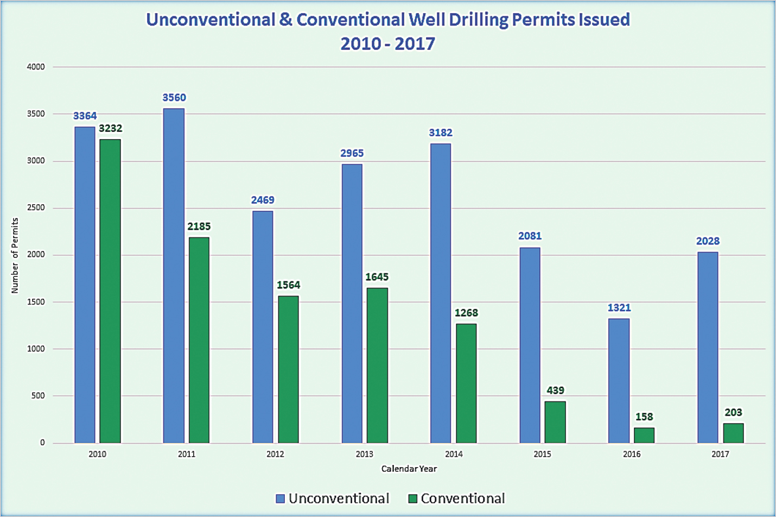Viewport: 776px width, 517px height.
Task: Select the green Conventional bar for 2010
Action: (x=110, y=291)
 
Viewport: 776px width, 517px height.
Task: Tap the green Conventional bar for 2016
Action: (x=644, y=435)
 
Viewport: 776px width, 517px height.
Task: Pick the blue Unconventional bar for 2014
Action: (x=440, y=293)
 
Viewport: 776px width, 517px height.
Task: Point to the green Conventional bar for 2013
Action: (x=377, y=365)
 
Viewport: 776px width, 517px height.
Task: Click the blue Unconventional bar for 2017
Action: (x=708, y=347)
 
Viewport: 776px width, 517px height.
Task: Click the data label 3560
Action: (x=174, y=98)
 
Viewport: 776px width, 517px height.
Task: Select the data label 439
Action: (x=555, y=390)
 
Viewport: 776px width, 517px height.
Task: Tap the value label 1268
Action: (x=466, y=313)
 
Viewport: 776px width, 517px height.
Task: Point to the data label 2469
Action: (x=263, y=200)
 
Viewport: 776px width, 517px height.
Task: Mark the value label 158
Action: (x=644, y=417)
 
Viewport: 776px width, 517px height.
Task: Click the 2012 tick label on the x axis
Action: (x=275, y=454)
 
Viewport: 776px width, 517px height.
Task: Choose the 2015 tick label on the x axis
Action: (x=542, y=454)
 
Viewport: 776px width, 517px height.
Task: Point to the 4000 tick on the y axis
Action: (x=36, y=67)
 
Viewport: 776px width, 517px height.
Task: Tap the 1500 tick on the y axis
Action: (x=36, y=302)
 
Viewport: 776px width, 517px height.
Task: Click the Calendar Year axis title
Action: (x=409, y=469)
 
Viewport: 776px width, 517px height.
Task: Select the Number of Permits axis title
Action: (x=15, y=255)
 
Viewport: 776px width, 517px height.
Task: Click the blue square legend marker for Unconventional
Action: (x=281, y=499)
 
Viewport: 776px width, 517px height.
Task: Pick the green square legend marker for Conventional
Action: (x=413, y=499)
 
